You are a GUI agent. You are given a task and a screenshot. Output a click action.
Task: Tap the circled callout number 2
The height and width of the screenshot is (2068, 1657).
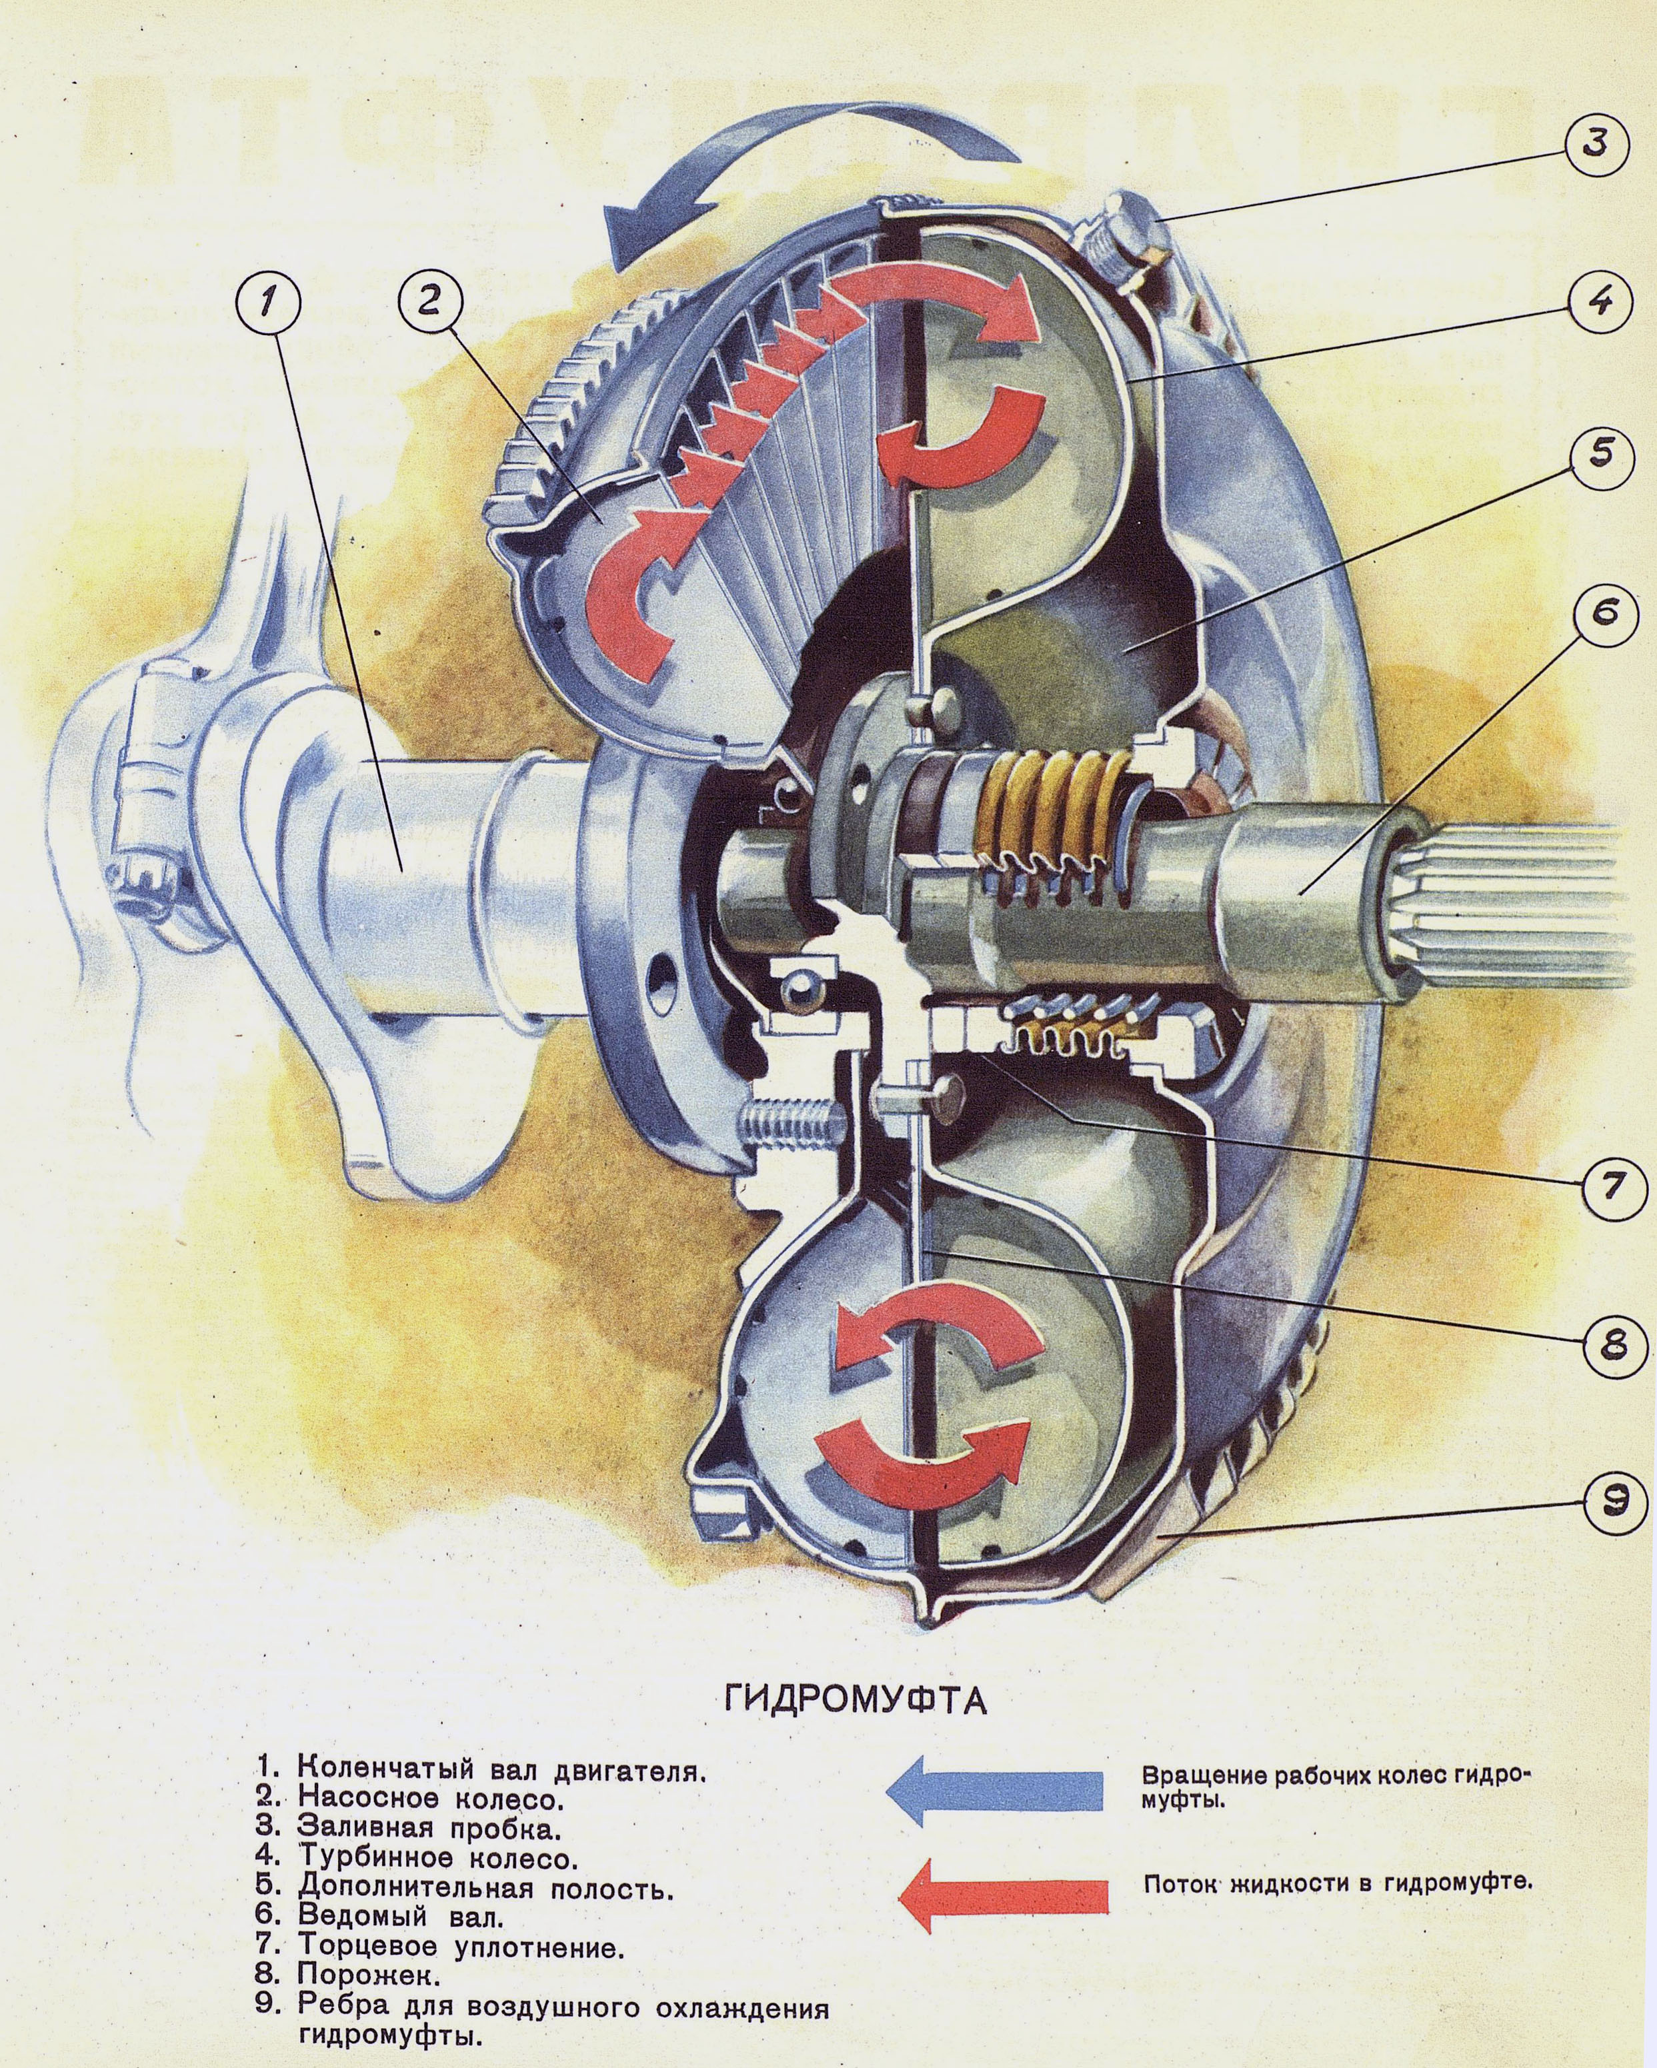429,301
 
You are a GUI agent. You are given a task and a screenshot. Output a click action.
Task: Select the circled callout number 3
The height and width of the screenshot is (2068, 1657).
1594,146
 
